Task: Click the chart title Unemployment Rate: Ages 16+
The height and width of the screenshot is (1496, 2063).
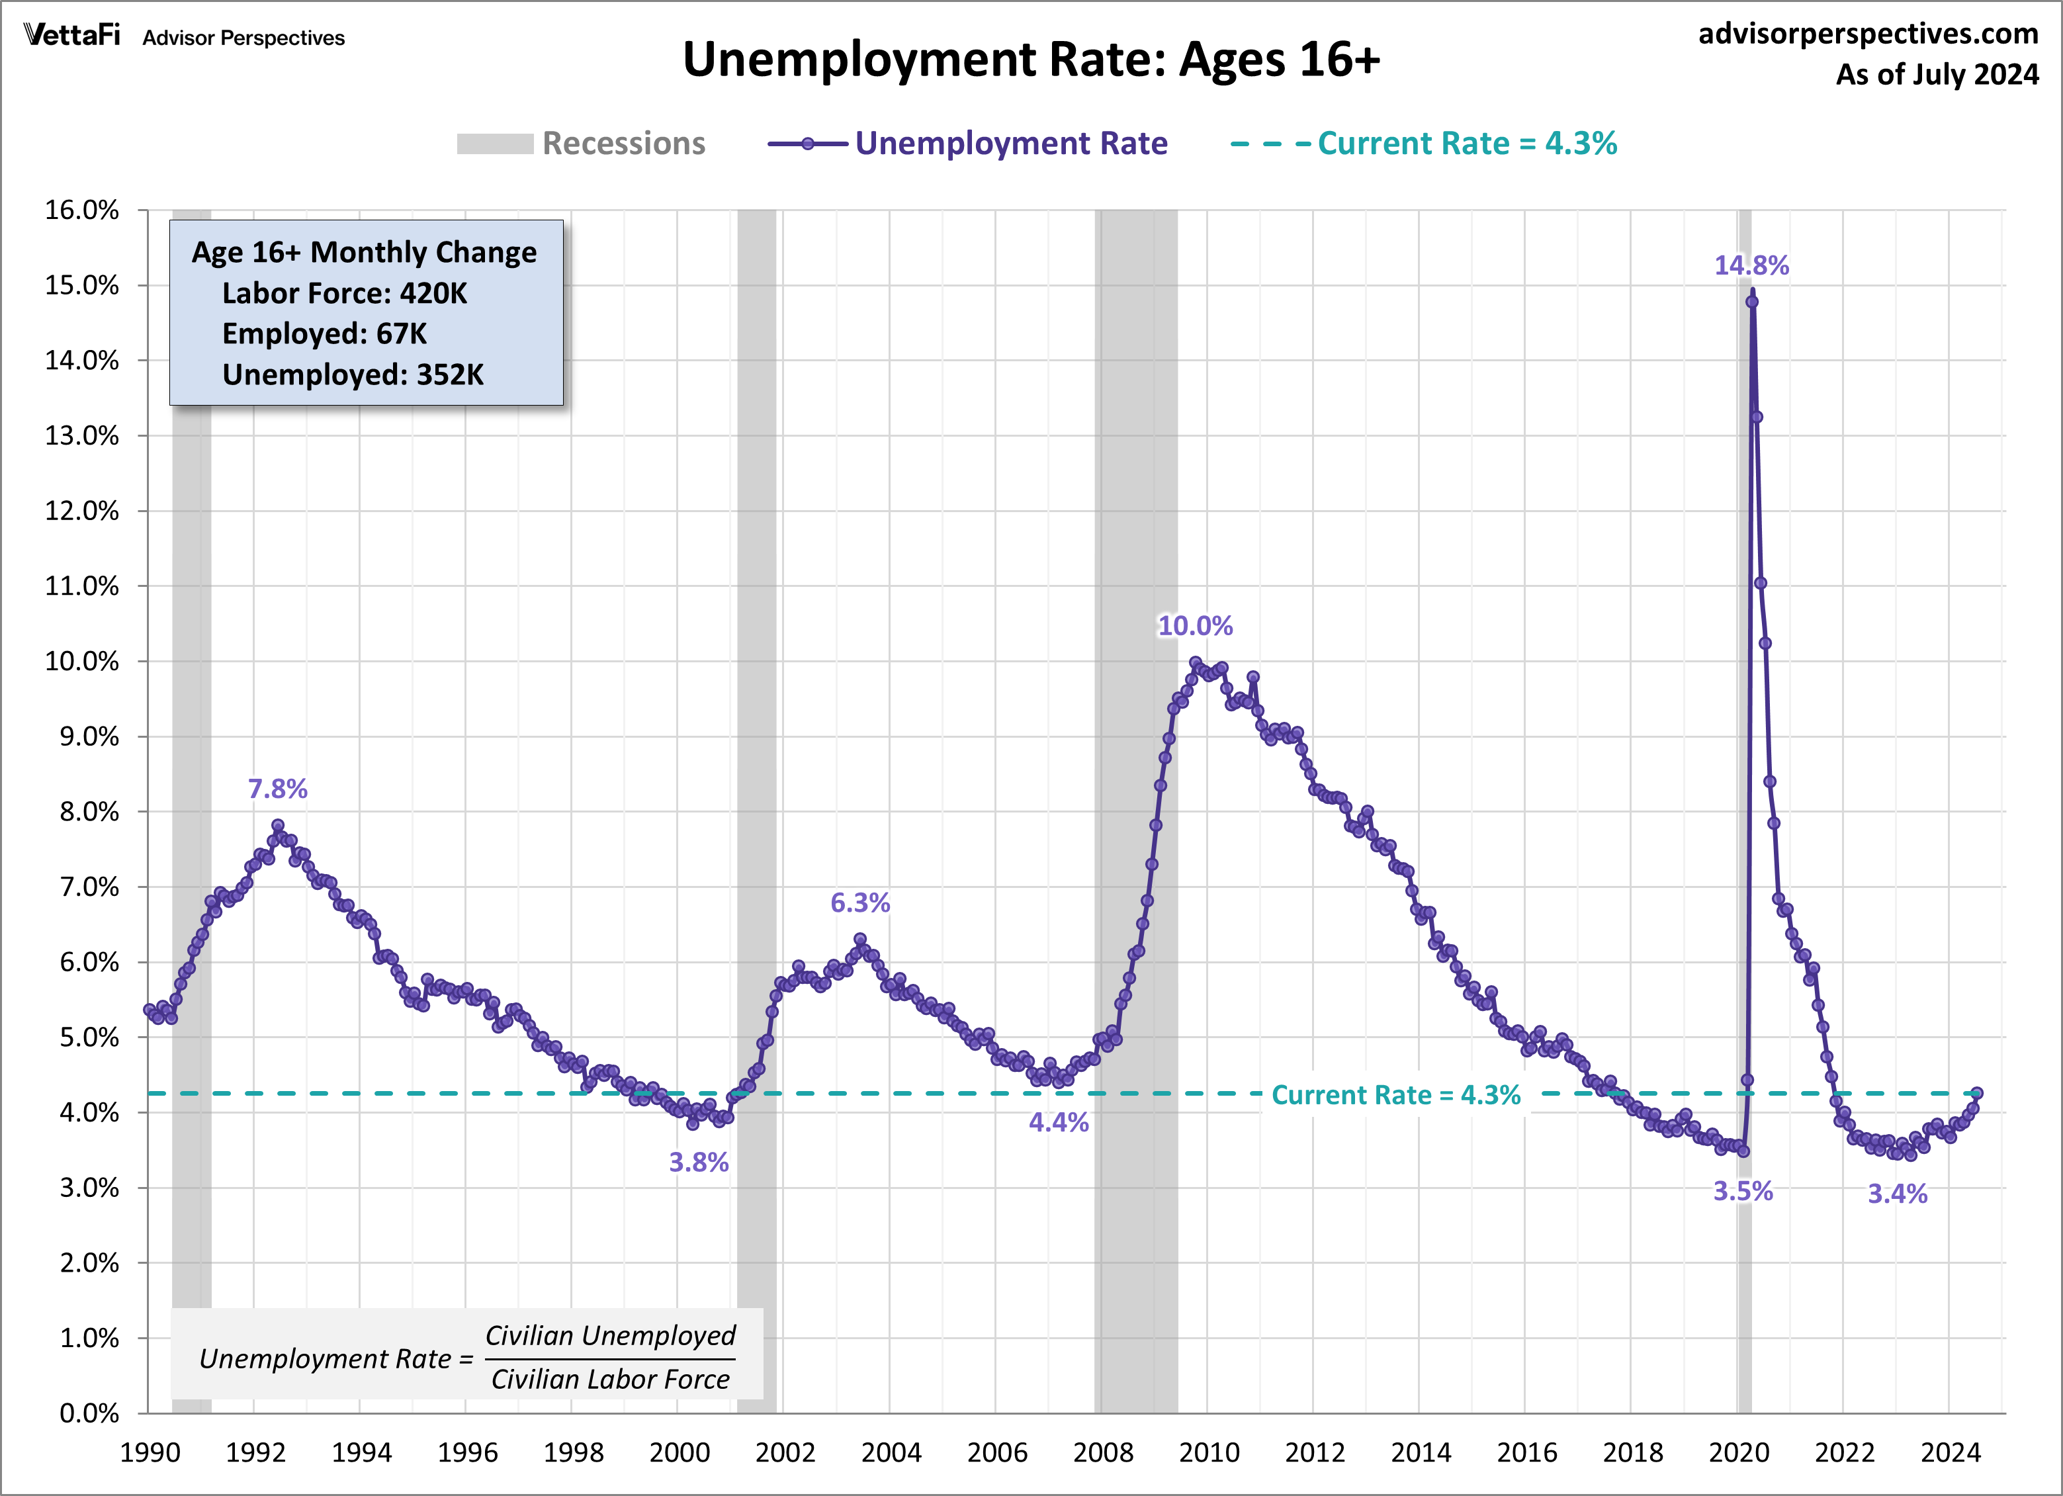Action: point(1031,60)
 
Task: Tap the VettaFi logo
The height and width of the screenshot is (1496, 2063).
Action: point(72,36)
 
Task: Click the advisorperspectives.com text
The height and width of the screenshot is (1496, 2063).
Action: point(1868,34)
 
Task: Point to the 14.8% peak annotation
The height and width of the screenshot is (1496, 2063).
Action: point(1751,265)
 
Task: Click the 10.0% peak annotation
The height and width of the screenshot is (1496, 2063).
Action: point(1194,626)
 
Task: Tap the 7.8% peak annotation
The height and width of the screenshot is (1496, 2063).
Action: point(277,789)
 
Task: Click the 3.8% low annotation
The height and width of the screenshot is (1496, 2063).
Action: point(699,1163)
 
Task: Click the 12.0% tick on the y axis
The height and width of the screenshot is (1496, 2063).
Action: point(82,511)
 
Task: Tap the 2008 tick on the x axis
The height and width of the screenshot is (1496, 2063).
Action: point(1102,1452)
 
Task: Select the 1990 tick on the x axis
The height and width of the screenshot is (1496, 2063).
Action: point(150,1452)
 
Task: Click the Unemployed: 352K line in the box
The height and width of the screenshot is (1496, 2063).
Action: point(353,374)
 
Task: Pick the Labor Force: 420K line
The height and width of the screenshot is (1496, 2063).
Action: point(344,293)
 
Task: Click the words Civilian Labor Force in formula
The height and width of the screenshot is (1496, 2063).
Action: point(610,1380)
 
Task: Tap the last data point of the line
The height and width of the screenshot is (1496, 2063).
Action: point(1976,1093)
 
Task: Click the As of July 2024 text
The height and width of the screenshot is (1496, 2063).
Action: point(1937,73)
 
